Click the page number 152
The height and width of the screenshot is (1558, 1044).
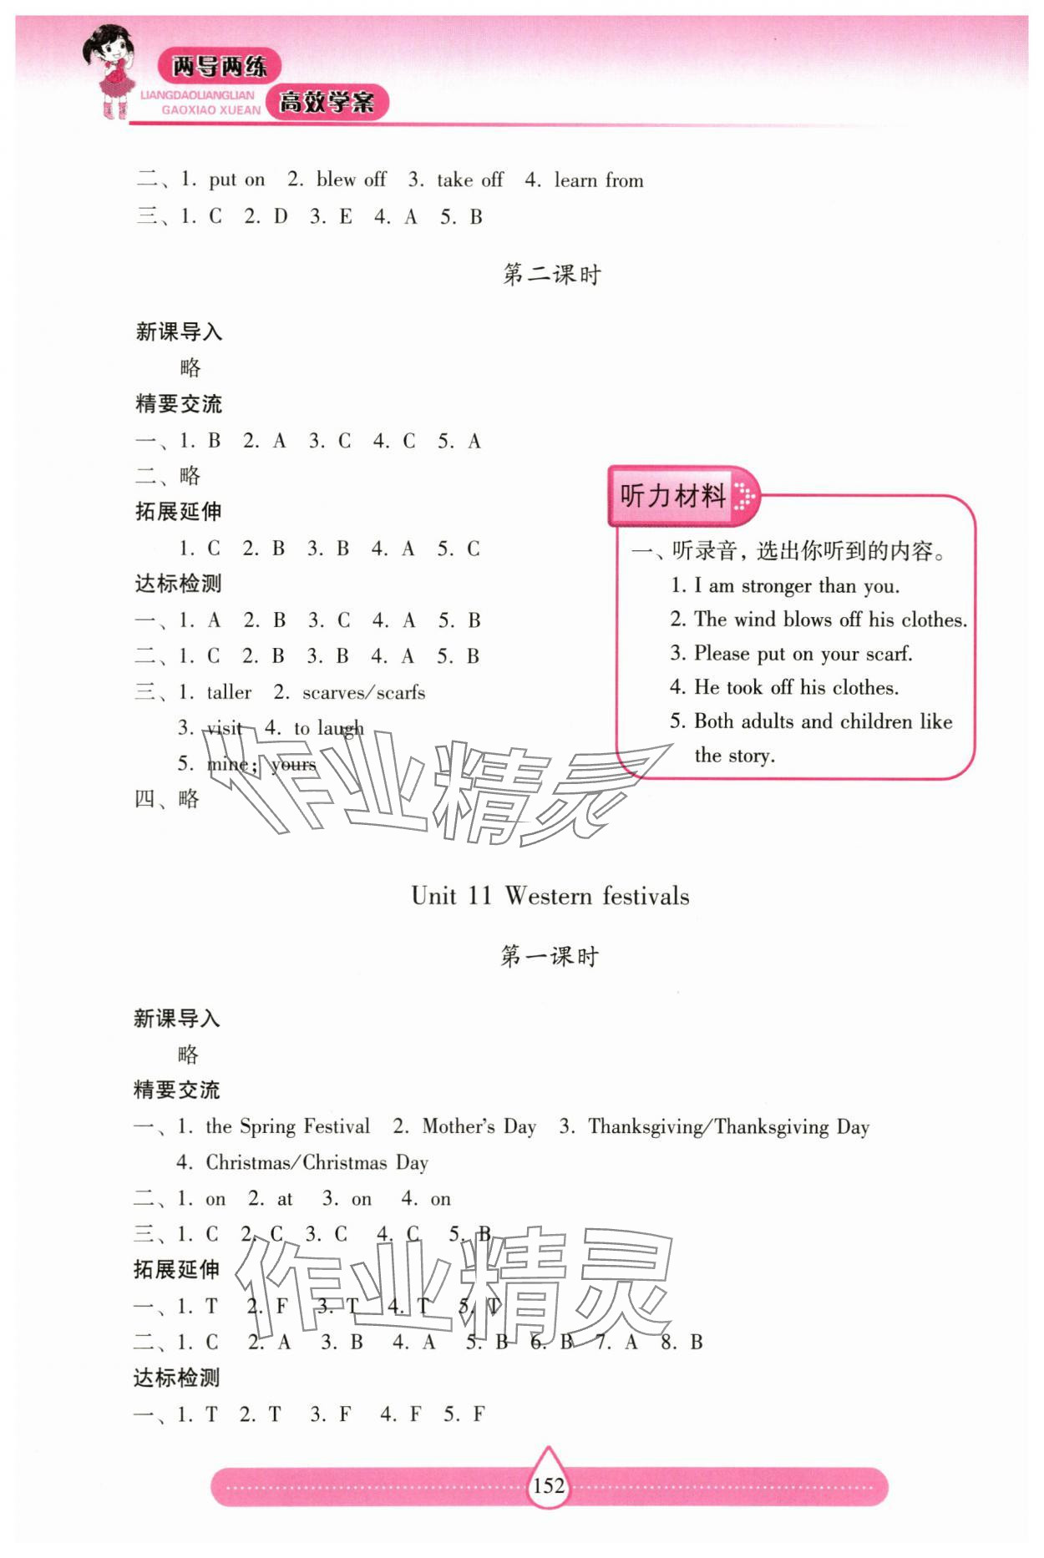pyautogui.click(x=549, y=1486)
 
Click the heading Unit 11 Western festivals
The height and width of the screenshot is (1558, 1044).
pyautogui.click(x=550, y=896)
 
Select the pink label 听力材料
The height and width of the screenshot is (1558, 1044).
pyautogui.click(x=673, y=496)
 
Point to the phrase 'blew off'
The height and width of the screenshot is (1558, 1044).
pyautogui.click(x=351, y=180)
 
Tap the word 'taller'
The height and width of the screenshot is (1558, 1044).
pyautogui.click(x=229, y=692)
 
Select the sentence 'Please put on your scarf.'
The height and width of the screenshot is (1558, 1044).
pyautogui.click(x=803, y=654)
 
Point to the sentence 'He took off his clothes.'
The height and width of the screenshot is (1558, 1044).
pyautogui.click(x=796, y=687)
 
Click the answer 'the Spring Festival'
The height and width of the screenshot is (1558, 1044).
pyautogui.click(x=287, y=1126)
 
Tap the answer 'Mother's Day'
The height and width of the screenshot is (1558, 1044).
pyautogui.click(x=479, y=1126)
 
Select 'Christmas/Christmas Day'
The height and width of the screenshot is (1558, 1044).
pyautogui.click(x=317, y=1162)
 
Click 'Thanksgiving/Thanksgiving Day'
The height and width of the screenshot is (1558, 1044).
pyautogui.click(x=728, y=1126)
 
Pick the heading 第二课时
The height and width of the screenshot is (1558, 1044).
pyautogui.click(x=551, y=275)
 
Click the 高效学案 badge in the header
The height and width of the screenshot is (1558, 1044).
pyautogui.click(x=327, y=104)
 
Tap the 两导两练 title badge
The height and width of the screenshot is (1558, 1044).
pyautogui.click(x=219, y=66)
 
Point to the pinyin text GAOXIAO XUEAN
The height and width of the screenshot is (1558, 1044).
pyautogui.click(x=210, y=110)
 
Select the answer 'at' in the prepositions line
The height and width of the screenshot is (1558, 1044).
pyautogui.click(x=285, y=1199)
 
